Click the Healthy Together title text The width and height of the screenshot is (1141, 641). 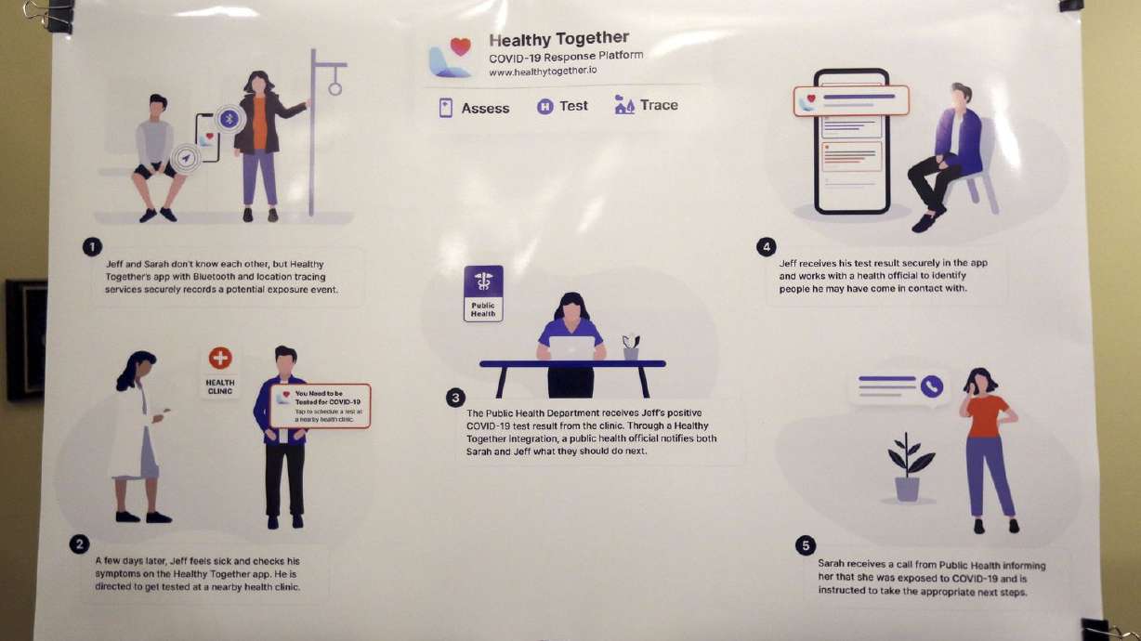pos(558,39)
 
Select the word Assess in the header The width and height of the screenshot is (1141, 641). pos(485,109)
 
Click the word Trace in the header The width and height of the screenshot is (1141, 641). pos(658,105)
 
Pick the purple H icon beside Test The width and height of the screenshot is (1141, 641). pos(545,107)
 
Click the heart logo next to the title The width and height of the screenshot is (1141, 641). pos(460,46)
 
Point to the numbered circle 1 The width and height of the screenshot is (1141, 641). pos(92,246)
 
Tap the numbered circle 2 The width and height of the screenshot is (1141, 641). pos(80,544)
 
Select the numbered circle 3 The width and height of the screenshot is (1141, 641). pos(454,399)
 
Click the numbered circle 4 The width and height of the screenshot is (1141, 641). pos(766,246)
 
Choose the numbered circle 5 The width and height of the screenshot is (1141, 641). pos(806,545)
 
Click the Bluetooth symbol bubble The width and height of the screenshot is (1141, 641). pos(229,118)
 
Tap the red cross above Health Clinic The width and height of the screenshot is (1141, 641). pos(220,358)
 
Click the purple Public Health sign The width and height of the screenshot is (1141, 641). pos(483,293)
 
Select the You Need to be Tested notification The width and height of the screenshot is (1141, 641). pos(321,407)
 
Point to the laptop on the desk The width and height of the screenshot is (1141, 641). pos(571,347)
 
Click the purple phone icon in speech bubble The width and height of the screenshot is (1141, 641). pos(931,386)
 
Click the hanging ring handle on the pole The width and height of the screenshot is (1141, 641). pos(334,89)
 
